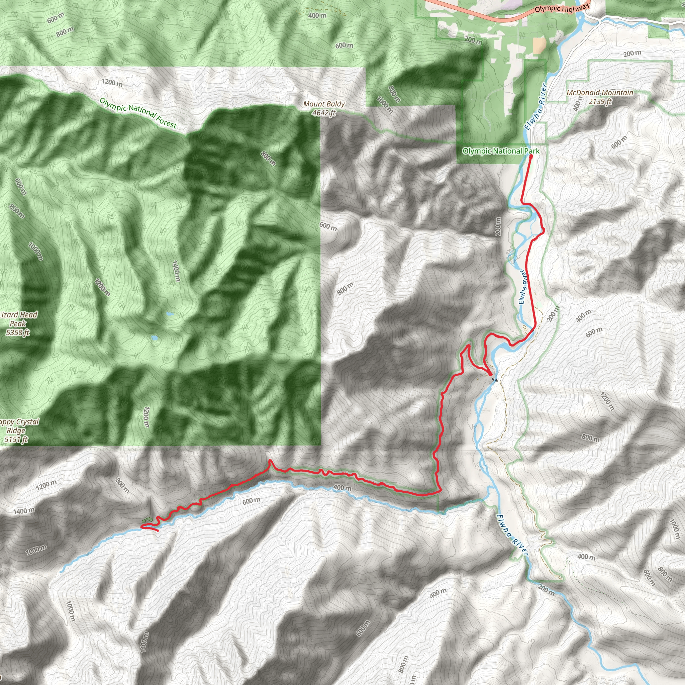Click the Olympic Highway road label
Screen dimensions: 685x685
pos(562,7)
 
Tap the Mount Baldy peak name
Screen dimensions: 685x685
pos(324,104)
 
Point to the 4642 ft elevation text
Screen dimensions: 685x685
pos(324,113)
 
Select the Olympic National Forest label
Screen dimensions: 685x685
pos(138,112)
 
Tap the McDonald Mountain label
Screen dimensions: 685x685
pos(600,93)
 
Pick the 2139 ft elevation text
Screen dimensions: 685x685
pos(600,101)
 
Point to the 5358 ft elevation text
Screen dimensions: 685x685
pos(18,332)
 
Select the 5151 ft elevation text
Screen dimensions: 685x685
pos(16,439)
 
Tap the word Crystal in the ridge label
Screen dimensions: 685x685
pos(27,422)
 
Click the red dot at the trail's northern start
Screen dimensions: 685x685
pos(531,156)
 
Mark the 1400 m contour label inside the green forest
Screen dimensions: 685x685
pos(176,271)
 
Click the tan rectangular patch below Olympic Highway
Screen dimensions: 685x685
pos(539,45)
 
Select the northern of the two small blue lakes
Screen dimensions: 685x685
pos(170,314)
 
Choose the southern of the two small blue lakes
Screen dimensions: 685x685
pos(155,337)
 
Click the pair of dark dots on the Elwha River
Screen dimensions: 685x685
pos(495,380)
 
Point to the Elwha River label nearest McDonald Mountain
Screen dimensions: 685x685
pos(536,106)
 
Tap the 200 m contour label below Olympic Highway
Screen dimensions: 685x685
pos(473,40)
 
